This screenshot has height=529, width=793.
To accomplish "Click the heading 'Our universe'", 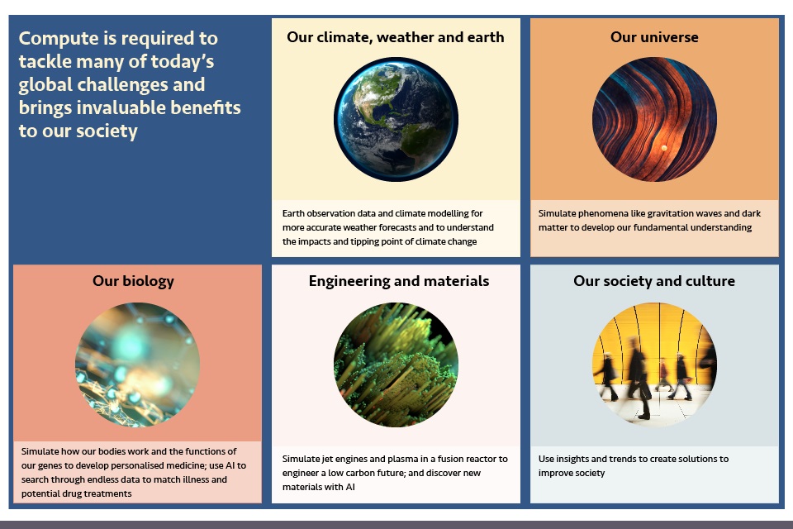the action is pos(654,37).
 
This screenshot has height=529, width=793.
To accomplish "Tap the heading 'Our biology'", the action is pos(133,281).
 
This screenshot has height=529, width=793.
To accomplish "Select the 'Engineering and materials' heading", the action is pos(399,281).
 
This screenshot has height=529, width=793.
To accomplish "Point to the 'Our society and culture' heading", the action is pos(654,281).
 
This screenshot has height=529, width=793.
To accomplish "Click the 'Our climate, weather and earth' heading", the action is pos(396,37).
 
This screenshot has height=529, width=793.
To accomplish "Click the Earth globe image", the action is pos(396,120).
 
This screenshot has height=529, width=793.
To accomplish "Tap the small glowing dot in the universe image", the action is pos(664,148).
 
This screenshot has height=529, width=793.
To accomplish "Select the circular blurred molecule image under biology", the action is pos(137,365).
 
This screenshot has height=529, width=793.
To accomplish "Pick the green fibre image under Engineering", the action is pos(396,365).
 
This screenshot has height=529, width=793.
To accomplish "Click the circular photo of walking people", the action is pos(654,365).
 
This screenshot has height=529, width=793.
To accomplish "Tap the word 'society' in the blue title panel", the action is pos(107,131).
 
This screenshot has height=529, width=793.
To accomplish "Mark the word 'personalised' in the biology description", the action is pos(137,465).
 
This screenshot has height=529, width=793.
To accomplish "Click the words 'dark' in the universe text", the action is pos(752,213).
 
